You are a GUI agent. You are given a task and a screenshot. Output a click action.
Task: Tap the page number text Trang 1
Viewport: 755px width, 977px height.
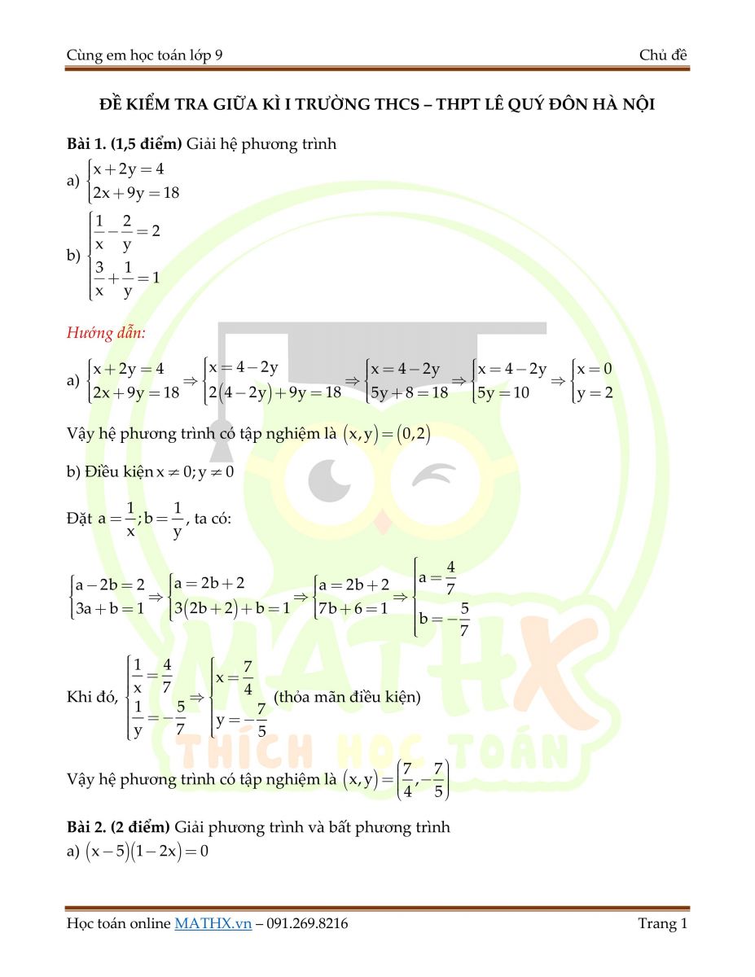pyautogui.click(x=663, y=923)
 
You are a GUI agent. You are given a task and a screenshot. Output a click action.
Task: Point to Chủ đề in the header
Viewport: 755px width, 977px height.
pyautogui.click(x=664, y=55)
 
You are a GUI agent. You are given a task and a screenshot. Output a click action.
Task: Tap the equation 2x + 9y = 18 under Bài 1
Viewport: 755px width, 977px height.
pyautogui.click(x=136, y=194)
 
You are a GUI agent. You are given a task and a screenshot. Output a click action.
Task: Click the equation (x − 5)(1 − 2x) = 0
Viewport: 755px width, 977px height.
pyautogui.click(x=144, y=854)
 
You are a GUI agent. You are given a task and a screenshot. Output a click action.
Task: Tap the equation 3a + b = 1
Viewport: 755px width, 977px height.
pyautogui.click(x=110, y=607)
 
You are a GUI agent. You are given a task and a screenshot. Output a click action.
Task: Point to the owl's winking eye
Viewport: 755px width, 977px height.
pyautogui.click(x=429, y=474)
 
